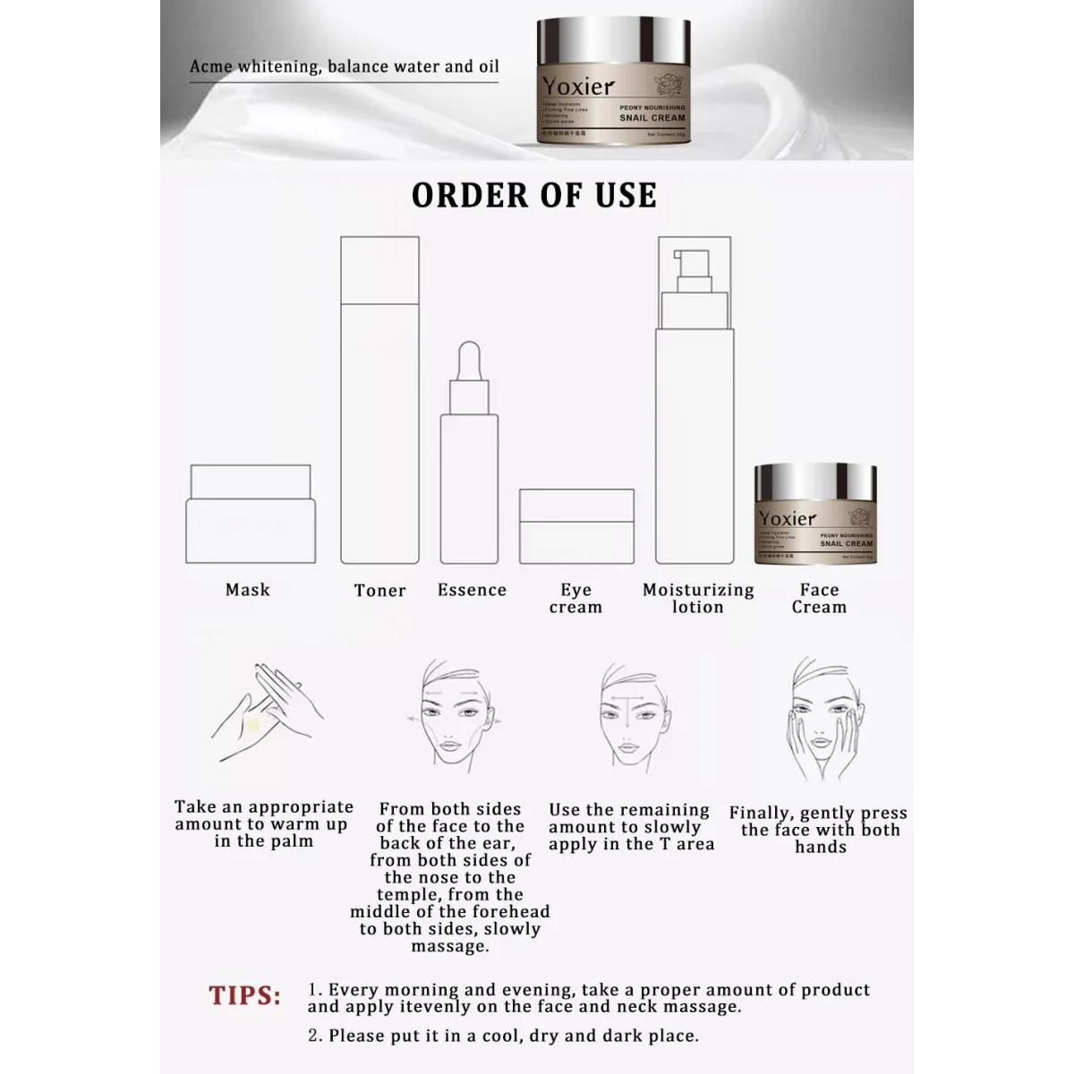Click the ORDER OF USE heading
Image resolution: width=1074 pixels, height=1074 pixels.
coord(534,195)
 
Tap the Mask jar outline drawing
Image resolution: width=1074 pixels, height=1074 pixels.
coord(251,516)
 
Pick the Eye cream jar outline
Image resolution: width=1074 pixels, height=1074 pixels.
coord(576,526)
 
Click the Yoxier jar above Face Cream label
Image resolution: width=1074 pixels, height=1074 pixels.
coord(815,515)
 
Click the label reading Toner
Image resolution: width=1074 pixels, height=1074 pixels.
coord(379,591)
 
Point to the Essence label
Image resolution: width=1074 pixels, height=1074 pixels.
coord(472,590)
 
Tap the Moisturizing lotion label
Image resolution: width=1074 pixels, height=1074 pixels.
coord(698,598)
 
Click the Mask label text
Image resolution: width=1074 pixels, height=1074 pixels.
coord(248,590)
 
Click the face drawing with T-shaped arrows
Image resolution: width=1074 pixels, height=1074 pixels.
coord(631,720)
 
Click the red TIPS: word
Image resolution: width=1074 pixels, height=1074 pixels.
coord(244,996)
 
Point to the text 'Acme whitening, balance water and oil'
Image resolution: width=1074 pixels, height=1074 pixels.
coord(345,67)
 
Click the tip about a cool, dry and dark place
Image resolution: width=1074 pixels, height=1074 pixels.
coord(503,1036)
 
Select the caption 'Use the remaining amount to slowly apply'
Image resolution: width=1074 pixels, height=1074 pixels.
coord(631,827)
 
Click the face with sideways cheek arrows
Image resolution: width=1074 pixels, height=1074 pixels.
coord(450,720)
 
